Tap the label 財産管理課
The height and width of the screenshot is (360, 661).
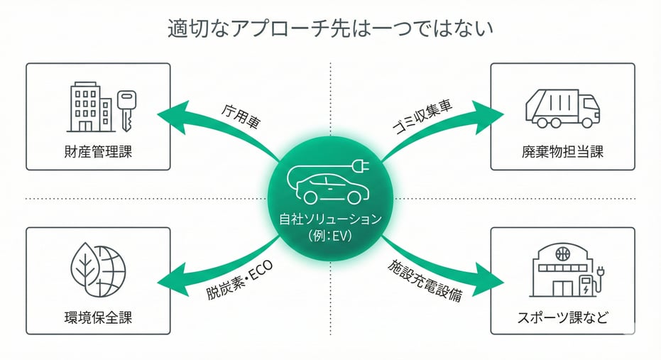(98, 151)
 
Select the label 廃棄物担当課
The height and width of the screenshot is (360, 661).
(562, 151)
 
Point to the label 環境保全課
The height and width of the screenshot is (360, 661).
(98, 317)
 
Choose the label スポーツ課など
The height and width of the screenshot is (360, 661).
(562, 317)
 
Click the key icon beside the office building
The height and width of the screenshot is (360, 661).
(126, 109)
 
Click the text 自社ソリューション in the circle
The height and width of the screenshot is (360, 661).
(330, 219)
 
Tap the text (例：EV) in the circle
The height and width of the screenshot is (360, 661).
(330, 234)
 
